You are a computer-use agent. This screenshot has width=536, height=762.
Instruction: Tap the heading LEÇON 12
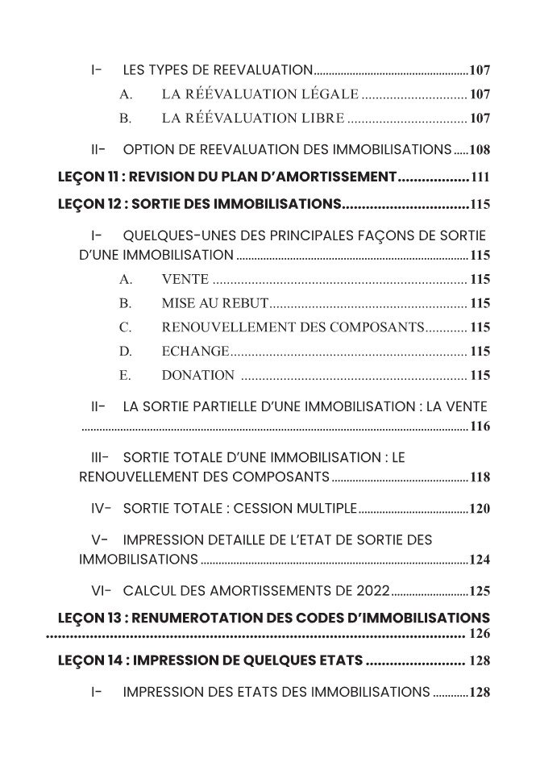point(91,204)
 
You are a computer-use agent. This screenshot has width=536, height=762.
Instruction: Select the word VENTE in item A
point(185,280)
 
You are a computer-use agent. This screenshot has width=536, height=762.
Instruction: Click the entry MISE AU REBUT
point(214,304)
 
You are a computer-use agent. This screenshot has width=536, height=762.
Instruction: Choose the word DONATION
point(197,375)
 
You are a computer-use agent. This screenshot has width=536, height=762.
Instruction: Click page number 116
point(480,427)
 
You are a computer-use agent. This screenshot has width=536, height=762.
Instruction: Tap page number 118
point(480,477)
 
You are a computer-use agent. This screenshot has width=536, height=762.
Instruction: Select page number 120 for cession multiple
point(480,509)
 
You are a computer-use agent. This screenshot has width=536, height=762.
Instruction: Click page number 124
point(480,560)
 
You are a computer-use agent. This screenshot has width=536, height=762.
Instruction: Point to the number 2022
point(371,590)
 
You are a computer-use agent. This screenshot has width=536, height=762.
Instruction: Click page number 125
point(480,591)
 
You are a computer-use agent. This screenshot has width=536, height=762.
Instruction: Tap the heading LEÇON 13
point(91,618)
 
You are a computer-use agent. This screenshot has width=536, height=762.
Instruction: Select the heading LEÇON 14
point(91,661)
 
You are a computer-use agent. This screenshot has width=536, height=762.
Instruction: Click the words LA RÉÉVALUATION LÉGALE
point(259,94)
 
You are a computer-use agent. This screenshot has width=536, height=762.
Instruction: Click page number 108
point(480,151)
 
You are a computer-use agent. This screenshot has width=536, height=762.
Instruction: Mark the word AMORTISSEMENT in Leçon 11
point(335,177)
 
